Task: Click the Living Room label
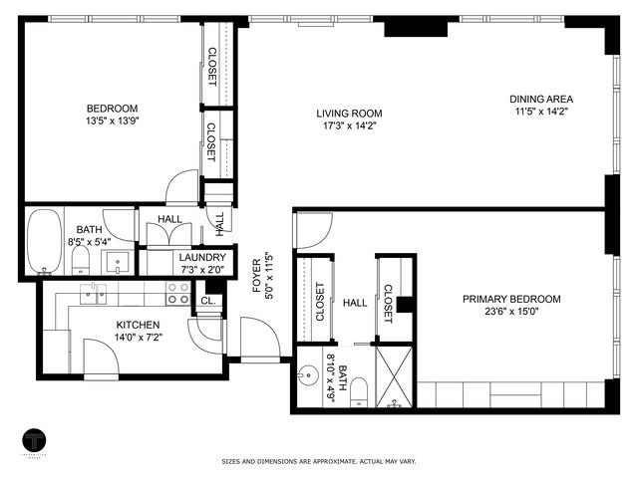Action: click(x=349, y=114)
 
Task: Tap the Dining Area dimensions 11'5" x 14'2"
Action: click(x=541, y=113)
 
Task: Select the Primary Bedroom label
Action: click(x=510, y=299)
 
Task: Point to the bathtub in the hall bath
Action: click(x=44, y=241)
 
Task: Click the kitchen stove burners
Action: click(x=177, y=292)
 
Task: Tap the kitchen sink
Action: click(x=95, y=292)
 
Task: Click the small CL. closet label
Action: click(x=207, y=300)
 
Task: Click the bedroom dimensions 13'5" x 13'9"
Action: click(x=112, y=121)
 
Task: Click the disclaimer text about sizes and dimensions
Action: click(x=319, y=461)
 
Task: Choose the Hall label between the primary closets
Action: click(x=355, y=303)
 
